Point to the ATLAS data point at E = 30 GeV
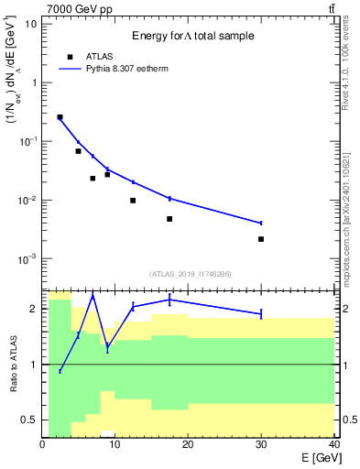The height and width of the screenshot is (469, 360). click(261, 239)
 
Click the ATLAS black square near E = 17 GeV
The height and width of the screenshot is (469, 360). click(169, 219)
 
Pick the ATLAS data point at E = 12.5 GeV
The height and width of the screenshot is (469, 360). click(133, 201)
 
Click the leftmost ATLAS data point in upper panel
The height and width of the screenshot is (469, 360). click(60, 117)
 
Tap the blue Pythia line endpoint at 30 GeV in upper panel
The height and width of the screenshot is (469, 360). click(261, 223)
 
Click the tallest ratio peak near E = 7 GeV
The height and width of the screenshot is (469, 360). click(93, 296)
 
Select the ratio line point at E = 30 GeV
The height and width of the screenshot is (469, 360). click(261, 314)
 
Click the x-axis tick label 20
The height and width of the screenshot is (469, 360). click(188, 445)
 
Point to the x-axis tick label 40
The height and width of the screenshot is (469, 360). click(333, 445)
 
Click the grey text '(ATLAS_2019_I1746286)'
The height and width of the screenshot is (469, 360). click(190, 274)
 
